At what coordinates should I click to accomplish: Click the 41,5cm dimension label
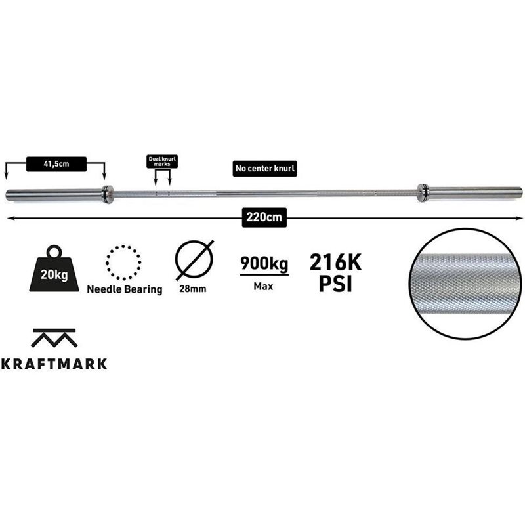tap(56, 164)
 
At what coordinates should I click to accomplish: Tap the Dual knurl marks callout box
tap(162, 161)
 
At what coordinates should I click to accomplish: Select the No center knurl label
tap(265, 169)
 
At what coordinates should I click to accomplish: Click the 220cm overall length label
tap(264, 217)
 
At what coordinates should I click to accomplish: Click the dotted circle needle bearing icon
tap(123, 262)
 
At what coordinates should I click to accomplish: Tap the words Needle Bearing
tap(125, 289)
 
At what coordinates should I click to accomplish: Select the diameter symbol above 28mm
tap(194, 260)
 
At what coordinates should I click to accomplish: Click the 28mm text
tap(193, 289)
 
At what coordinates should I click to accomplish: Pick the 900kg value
tap(264, 264)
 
